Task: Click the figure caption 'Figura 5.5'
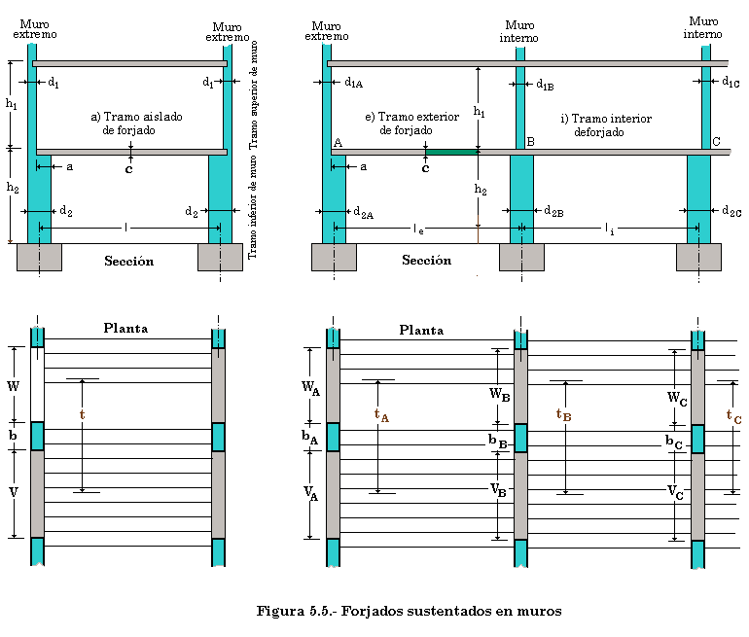click(x=409, y=612)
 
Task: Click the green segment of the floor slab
click(x=452, y=152)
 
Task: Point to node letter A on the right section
click(x=338, y=142)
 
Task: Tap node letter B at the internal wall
click(x=530, y=142)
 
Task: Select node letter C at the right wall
click(x=716, y=142)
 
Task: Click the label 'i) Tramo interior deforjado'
click(x=606, y=124)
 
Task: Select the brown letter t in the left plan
click(x=82, y=414)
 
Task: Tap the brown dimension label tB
click(x=563, y=414)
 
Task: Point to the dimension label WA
click(x=310, y=388)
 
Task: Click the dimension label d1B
click(x=545, y=85)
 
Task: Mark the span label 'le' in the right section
click(x=418, y=230)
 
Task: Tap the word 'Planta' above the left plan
click(x=125, y=329)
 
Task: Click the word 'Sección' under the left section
click(x=128, y=262)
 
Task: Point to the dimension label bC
click(x=673, y=441)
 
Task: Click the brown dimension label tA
click(x=381, y=415)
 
